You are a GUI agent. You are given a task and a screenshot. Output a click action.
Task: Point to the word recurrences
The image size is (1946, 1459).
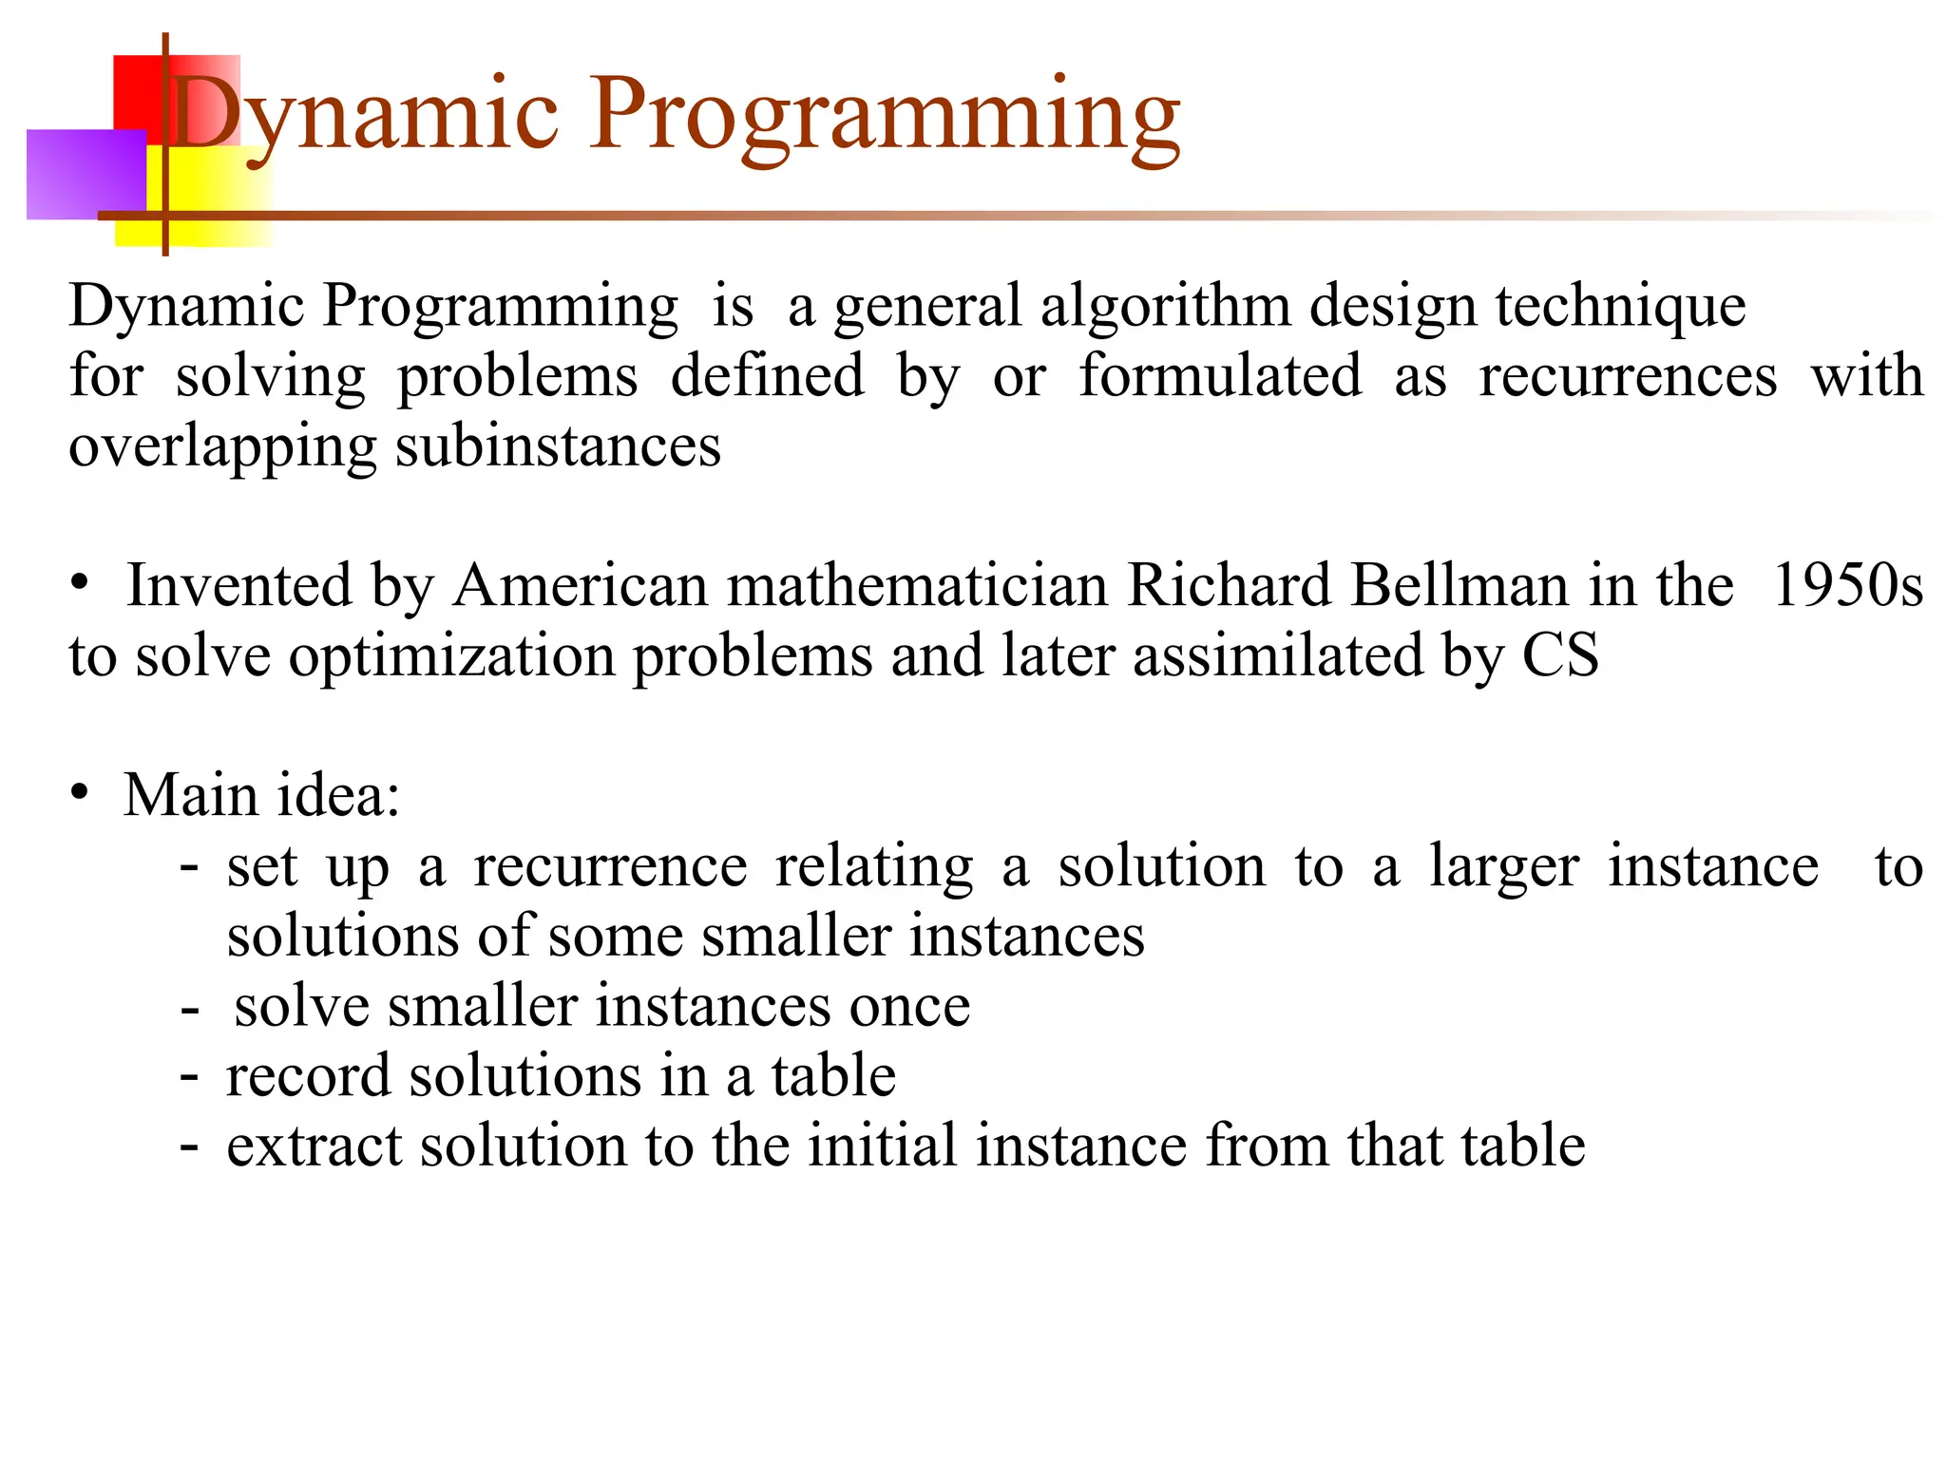pos(1627,376)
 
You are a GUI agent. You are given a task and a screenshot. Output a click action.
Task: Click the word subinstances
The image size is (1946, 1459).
pos(558,446)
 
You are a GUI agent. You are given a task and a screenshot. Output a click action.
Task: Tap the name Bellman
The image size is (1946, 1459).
pos(1459,585)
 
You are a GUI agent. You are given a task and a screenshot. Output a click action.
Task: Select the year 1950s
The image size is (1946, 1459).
pos(1847,585)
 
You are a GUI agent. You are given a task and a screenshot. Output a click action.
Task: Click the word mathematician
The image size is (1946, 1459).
pos(918,585)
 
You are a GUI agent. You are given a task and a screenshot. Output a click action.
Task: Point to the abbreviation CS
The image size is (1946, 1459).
pos(1560,655)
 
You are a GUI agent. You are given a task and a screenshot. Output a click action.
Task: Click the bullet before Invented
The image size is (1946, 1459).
pos(80,581)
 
